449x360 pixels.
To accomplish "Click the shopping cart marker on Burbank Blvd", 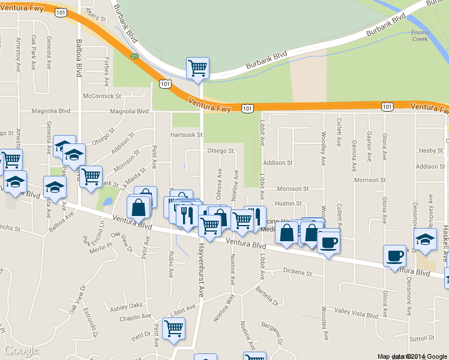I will [197, 68].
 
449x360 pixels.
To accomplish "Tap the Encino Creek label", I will [420, 35].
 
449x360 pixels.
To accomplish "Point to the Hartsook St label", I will [185, 134].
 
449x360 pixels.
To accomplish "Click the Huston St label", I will [288, 203].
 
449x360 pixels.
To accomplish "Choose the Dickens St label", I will [298, 272].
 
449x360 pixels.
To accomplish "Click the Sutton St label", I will [422, 338].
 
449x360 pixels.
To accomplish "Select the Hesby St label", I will [431, 151].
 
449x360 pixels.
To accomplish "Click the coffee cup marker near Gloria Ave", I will [394, 256].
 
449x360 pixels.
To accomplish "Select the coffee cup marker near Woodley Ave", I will [328, 242].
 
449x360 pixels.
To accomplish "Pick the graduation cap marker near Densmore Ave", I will [425, 239].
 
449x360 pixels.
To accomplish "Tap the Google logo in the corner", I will [21, 350].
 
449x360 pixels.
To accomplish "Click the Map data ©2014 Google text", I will [412, 356].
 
